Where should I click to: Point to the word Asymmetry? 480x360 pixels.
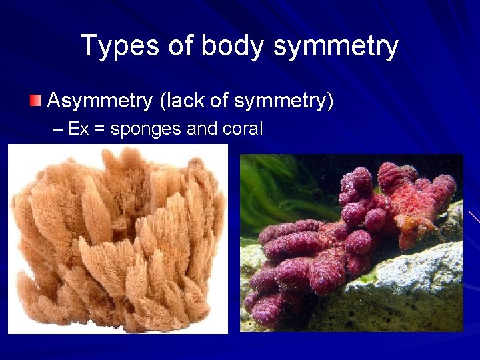coord(100,102)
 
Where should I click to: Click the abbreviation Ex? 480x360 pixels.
coord(78,129)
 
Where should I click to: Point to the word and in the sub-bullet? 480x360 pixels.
coord(201,129)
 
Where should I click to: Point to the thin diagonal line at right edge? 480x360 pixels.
coord(474,216)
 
